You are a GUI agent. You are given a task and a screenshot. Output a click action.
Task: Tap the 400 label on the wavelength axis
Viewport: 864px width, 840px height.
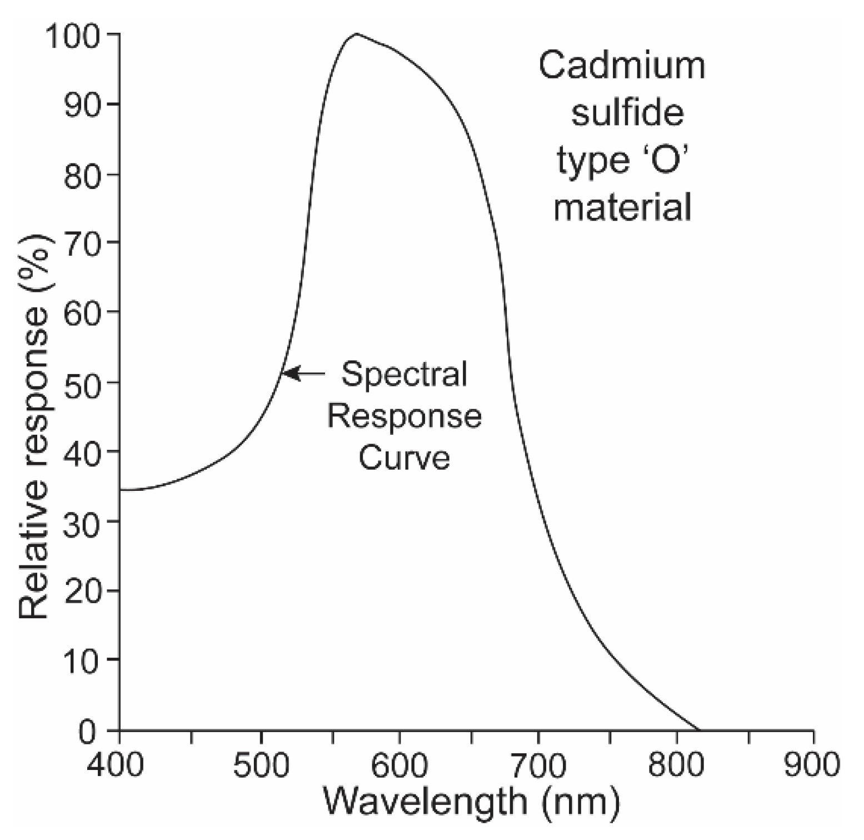click(x=117, y=764)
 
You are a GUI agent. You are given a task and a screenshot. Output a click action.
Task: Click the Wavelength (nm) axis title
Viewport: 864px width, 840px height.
click(x=471, y=802)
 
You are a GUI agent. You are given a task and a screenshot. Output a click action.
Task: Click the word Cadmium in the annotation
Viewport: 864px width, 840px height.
click(x=622, y=66)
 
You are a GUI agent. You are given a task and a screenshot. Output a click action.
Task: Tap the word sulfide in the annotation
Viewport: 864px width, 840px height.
click(x=627, y=113)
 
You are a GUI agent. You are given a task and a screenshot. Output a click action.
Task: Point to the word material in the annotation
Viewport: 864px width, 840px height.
click(x=623, y=208)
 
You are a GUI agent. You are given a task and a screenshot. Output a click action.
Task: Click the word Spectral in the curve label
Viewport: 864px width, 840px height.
click(x=404, y=374)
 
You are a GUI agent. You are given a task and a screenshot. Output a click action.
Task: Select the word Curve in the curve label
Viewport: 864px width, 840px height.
click(x=404, y=458)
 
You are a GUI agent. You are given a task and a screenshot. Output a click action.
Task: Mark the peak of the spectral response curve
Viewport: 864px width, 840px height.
click(x=356, y=34)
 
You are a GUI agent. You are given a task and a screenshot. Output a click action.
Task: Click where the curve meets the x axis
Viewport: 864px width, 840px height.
click(x=698, y=729)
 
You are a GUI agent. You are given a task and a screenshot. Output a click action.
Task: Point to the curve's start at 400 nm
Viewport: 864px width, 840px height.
click(x=121, y=490)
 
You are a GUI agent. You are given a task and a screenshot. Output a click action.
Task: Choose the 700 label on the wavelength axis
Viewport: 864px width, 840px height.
click(x=538, y=764)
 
